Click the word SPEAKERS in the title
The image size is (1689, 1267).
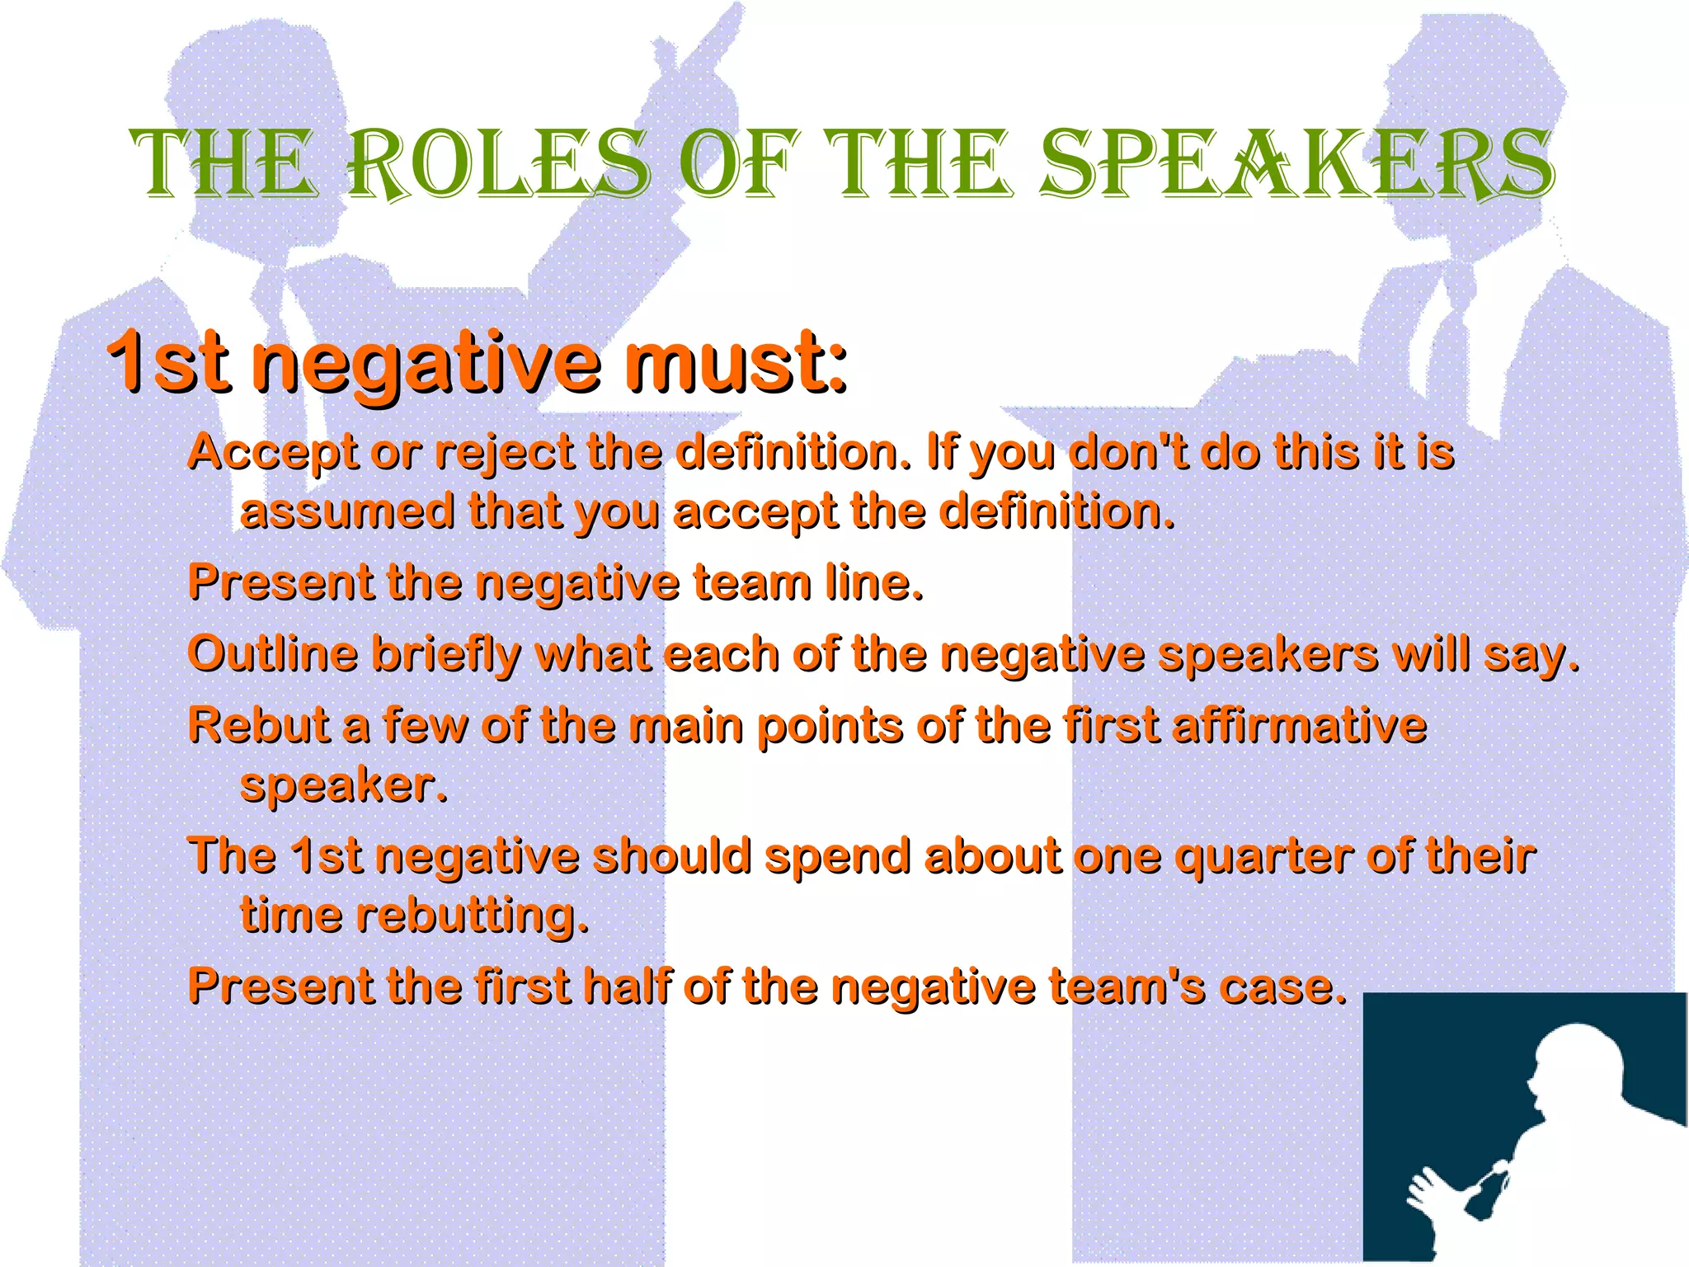pyautogui.click(x=1296, y=165)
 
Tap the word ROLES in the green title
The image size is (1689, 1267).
pyautogui.click(x=499, y=165)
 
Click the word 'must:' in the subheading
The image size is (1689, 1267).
pyautogui.click(x=734, y=363)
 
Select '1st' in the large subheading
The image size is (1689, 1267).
pyautogui.click(x=169, y=363)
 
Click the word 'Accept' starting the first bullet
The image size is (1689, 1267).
pyautogui.click(x=273, y=454)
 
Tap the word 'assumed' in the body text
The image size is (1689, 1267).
pyautogui.click(x=347, y=512)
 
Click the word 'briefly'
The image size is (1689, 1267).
pyautogui.click(x=446, y=656)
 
